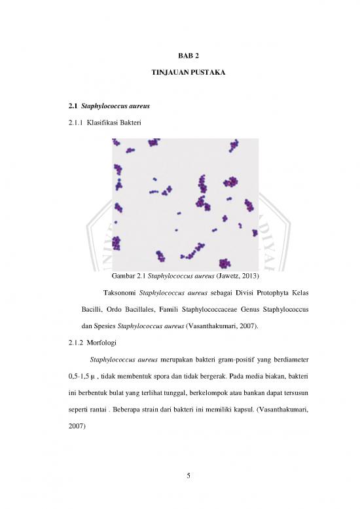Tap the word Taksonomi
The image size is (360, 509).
122,292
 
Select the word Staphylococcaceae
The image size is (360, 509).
218,308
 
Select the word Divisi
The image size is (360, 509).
236,292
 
